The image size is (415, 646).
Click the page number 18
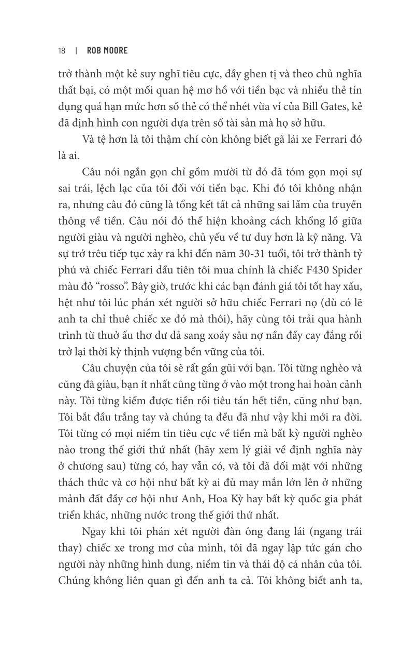[62, 50]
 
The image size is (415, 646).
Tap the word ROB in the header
[96, 50]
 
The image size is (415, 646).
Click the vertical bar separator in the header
[76, 50]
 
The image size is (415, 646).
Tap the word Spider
[344, 270]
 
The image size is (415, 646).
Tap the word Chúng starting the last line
[76, 582]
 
